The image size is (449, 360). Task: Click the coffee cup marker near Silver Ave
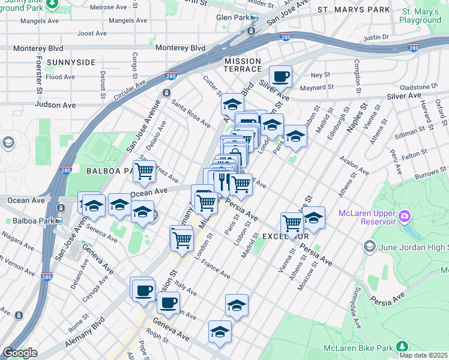pyautogui.click(x=280, y=77)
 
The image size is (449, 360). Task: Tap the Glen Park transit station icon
pyautogui.click(x=253, y=17)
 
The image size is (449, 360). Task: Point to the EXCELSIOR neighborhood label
pyautogui.click(x=285, y=237)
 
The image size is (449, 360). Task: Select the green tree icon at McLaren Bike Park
pyautogui.click(x=401, y=346)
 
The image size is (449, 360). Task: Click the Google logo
pyautogui.click(x=19, y=353)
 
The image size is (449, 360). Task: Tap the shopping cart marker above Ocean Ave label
pyautogui.click(x=145, y=172)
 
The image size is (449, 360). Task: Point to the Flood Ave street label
pyautogui.click(x=60, y=77)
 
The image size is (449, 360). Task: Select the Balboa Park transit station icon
pyautogui.click(x=58, y=221)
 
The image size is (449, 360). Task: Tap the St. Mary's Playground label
pyautogui.click(x=421, y=16)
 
